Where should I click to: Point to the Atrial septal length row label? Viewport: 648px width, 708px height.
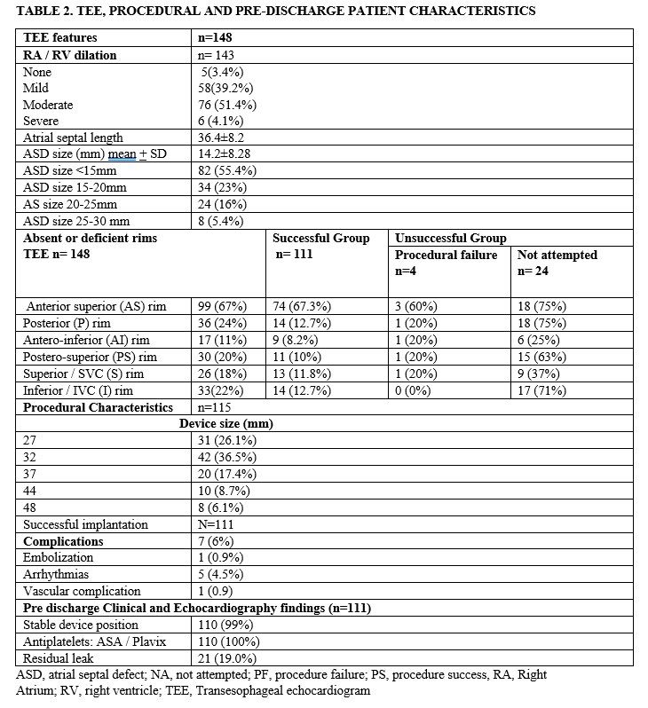(73, 138)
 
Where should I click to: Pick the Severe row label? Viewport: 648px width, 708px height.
(41, 121)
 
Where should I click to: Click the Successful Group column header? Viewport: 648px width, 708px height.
(320, 238)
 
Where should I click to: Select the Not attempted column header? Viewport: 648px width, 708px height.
(557, 255)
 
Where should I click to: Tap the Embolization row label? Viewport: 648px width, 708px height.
(59, 558)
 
